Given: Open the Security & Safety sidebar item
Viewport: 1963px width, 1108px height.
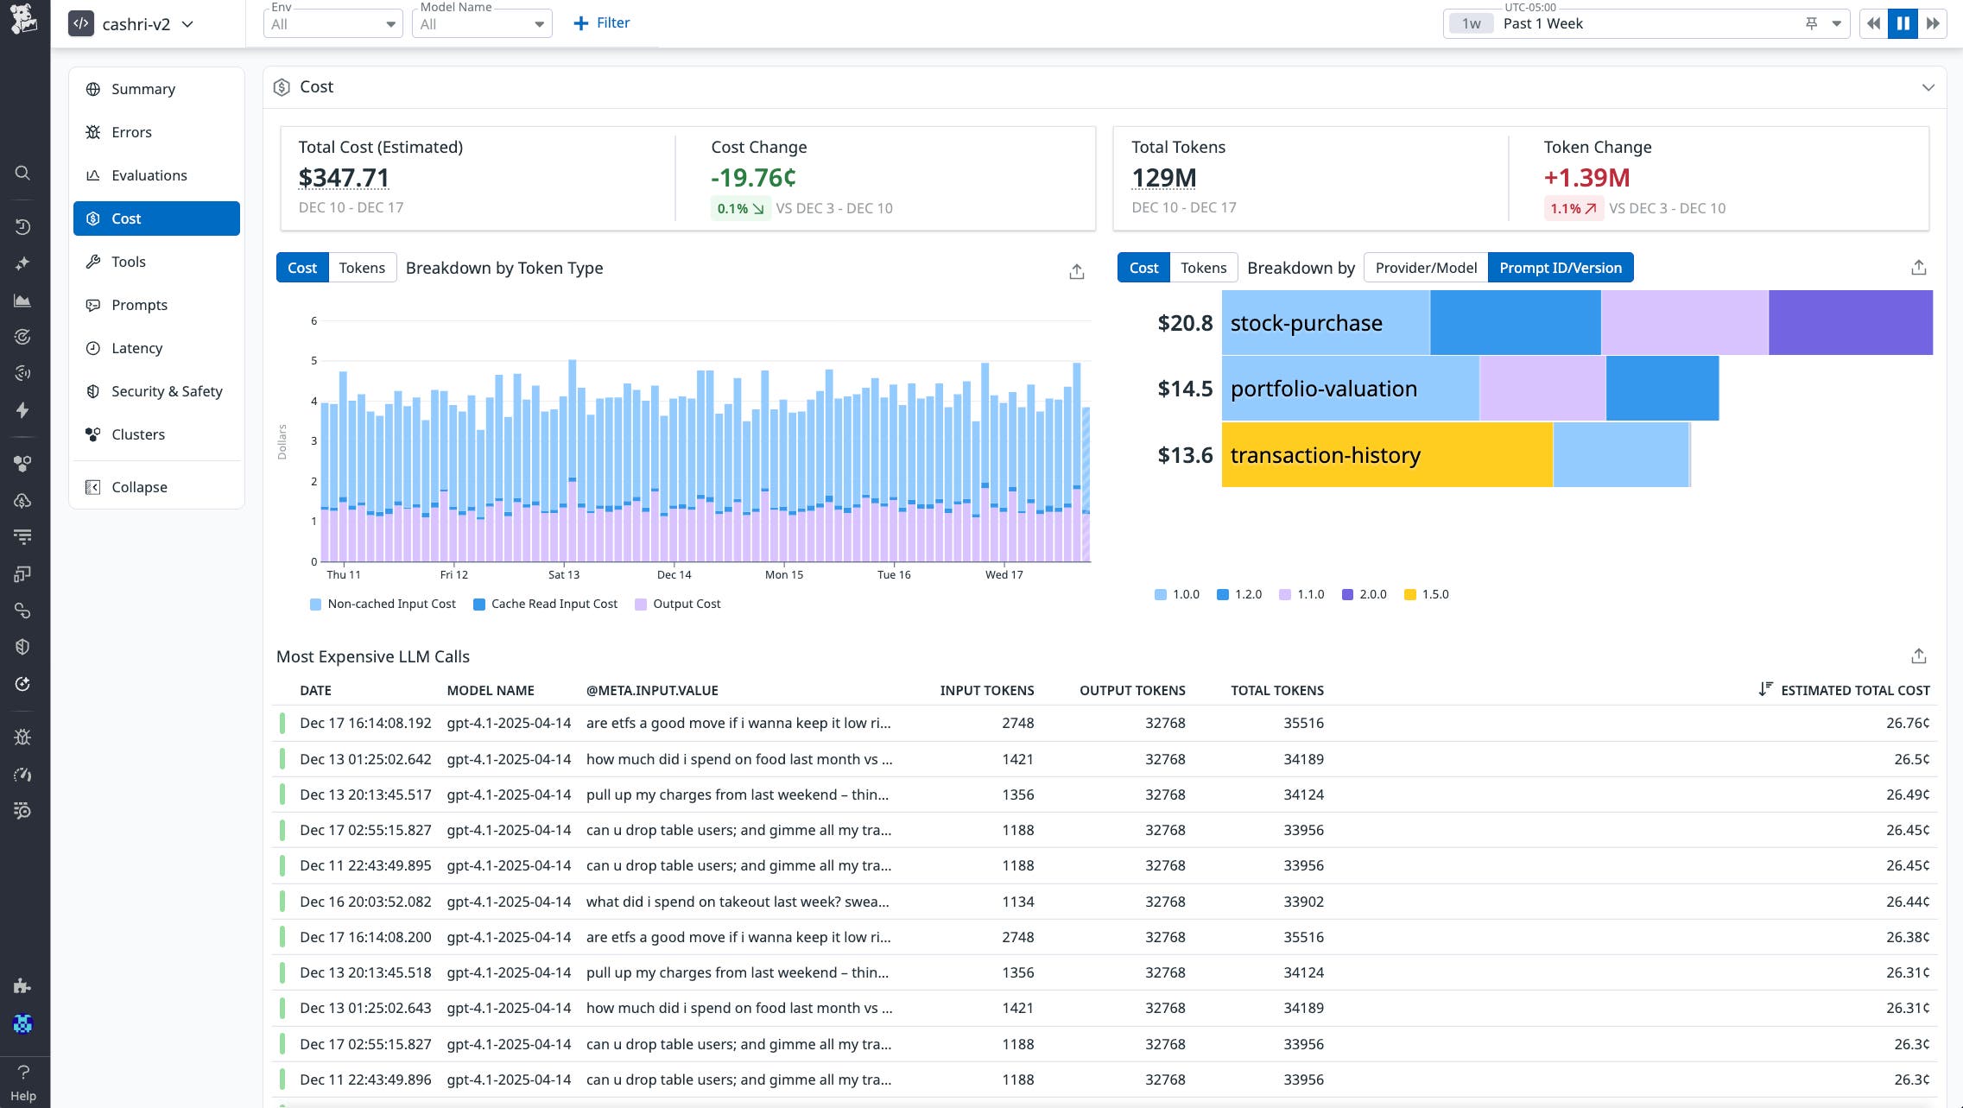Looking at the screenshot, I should tap(166, 391).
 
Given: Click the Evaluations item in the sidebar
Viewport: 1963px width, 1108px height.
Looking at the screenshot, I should tap(149, 175).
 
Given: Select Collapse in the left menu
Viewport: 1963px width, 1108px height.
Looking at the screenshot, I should tap(138, 487).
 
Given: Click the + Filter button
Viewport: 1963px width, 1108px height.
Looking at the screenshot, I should tap(602, 23).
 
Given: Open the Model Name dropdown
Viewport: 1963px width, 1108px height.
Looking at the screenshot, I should tap(481, 24).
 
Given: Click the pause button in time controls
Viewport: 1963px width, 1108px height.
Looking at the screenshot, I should tap(1903, 23).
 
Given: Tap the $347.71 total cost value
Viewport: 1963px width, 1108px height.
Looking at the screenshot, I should tap(344, 178).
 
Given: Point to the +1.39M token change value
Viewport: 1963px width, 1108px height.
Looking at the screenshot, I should tap(1586, 178).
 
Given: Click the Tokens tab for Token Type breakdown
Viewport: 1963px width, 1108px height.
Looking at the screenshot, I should tap(362, 268).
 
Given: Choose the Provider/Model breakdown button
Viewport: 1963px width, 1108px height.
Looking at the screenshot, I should tap(1426, 268).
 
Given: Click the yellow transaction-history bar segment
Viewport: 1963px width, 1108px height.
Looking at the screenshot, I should tap(1386, 455).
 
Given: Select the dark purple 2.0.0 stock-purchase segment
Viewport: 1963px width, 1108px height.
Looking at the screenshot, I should tap(1850, 323).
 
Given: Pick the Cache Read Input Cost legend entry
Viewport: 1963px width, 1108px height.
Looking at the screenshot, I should tap(546, 604).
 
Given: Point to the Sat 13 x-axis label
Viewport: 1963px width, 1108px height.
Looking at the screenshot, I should tap(564, 575).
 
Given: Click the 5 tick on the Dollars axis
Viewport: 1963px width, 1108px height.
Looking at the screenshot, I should tap(313, 361).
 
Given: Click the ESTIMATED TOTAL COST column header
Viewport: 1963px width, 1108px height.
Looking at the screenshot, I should tap(1854, 690).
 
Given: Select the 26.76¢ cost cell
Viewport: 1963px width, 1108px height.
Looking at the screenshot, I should tap(1907, 723).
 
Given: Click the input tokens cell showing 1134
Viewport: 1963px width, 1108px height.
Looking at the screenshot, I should tap(1017, 902).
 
